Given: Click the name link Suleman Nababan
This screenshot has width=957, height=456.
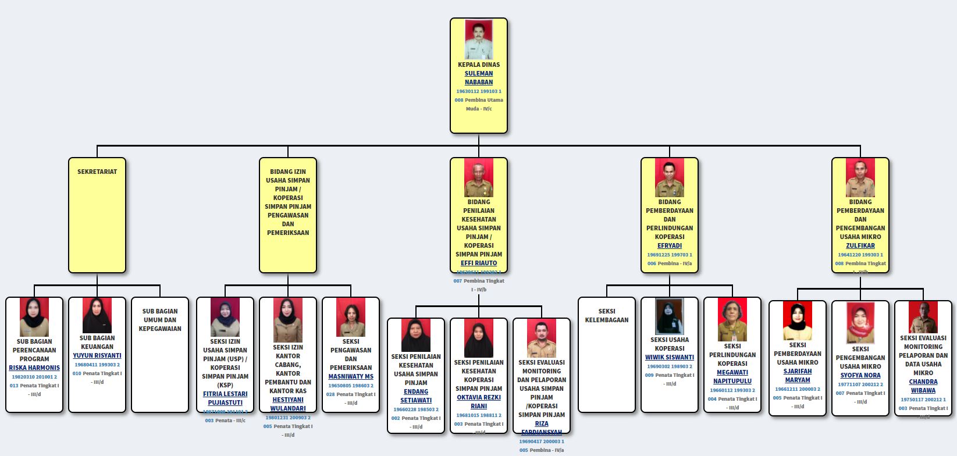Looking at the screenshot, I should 478,78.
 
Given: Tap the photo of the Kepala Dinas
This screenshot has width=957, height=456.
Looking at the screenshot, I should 479,40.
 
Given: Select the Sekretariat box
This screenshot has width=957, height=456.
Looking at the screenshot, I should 97,215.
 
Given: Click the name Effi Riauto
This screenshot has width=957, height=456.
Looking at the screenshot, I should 479,263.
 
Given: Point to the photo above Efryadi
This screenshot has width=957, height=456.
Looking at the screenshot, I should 670,178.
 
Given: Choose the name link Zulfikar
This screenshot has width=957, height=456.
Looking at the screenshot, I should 860,245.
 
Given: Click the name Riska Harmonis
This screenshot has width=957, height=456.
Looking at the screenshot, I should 34,368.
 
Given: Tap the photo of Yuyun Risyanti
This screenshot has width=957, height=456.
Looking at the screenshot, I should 97,315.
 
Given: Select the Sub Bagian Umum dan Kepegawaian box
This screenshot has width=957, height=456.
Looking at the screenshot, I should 160,355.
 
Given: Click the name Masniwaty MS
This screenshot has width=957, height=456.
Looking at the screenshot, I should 351,376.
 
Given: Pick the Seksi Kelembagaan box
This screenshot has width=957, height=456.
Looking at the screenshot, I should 607,355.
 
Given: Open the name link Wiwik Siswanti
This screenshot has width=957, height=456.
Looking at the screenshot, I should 670,357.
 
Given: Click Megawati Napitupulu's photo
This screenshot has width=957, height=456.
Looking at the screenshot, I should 732,319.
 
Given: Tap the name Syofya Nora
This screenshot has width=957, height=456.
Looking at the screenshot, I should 860,375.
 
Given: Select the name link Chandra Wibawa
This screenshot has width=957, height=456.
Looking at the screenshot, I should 923,386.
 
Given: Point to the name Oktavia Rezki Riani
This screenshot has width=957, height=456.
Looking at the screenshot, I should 479,402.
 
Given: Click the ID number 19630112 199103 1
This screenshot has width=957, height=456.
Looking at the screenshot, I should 478,91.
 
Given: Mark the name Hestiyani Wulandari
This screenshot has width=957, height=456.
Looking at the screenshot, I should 288,404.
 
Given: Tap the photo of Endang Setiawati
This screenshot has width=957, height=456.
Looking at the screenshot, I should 416,336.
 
